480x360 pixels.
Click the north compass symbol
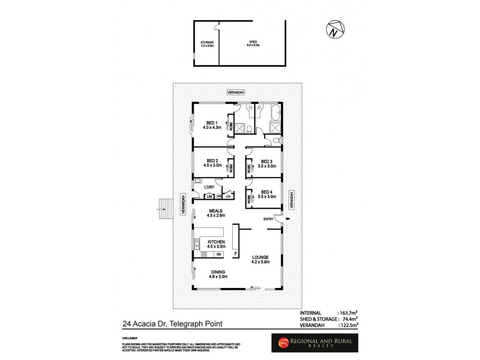(x=335, y=28)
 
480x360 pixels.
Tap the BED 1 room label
(x=212, y=124)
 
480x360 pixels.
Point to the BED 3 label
(x=267, y=161)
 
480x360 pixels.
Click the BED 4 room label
(x=267, y=193)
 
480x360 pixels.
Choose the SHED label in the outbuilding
(x=253, y=42)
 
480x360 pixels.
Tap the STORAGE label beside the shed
(x=206, y=42)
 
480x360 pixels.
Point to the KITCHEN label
(x=216, y=241)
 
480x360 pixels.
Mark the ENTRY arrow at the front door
(x=286, y=220)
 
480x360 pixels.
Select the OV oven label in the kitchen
(x=218, y=254)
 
